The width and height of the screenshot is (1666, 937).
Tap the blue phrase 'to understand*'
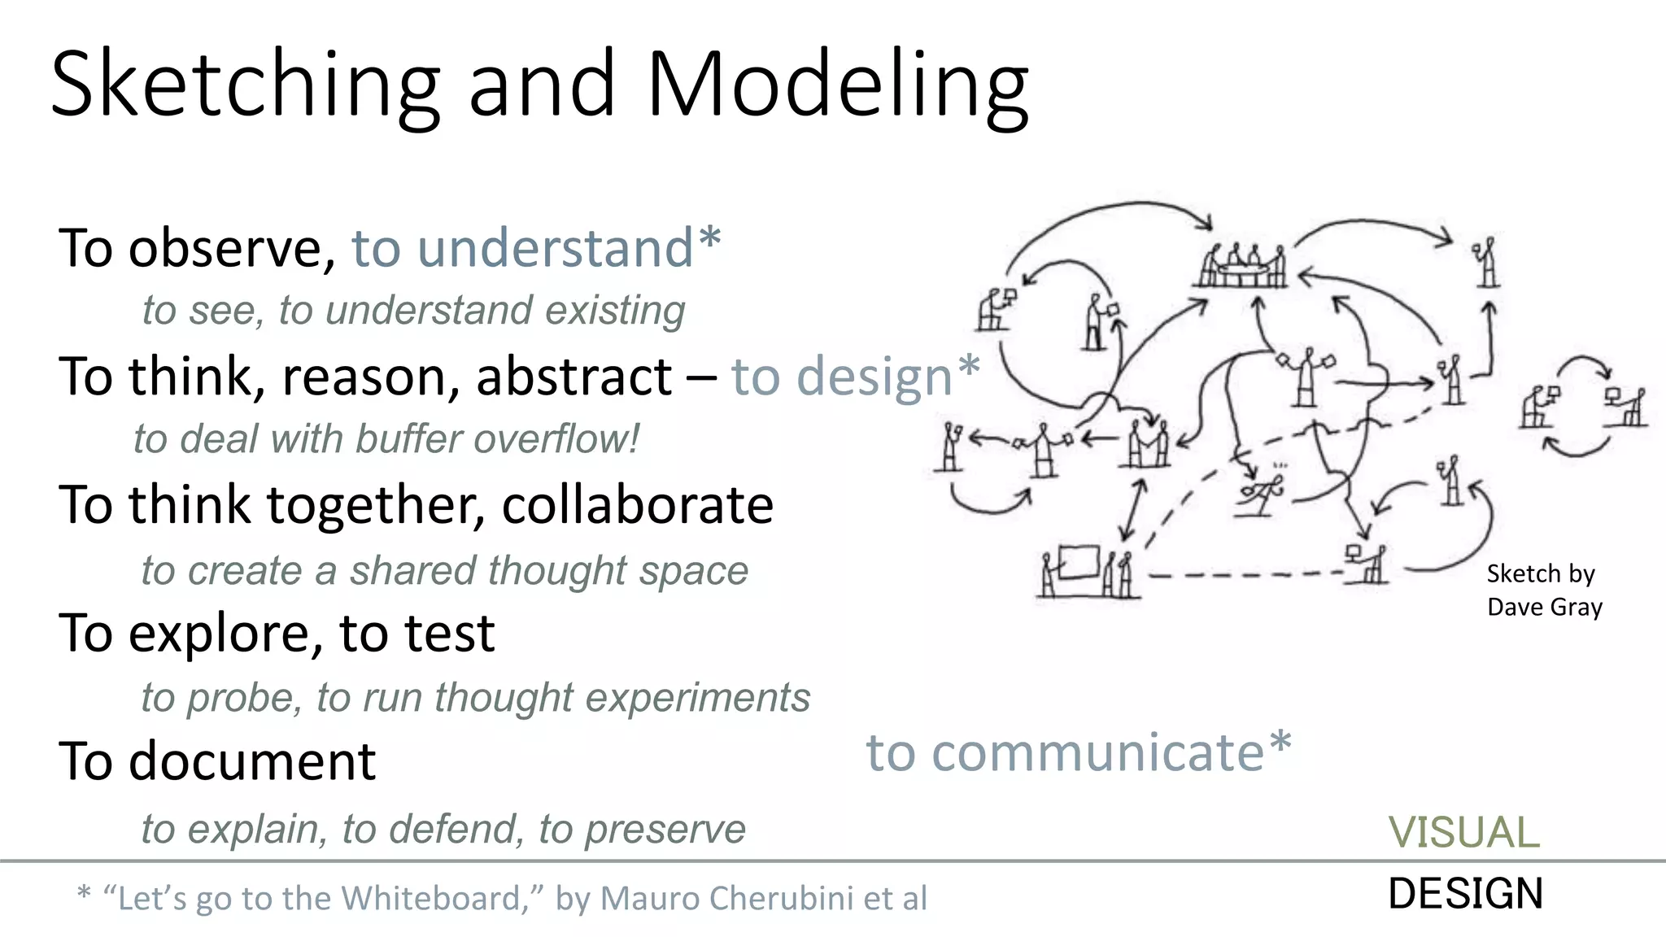click(x=535, y=247)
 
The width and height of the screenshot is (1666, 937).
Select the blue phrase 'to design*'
click(x=854, y=376)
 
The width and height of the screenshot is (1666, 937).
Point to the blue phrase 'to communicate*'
click(x=1078, y=752)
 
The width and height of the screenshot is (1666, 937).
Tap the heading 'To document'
click(x=217, y=761)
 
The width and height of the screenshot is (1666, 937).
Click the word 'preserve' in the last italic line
click(x=665, y=830)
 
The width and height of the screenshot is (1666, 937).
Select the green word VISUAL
click(x=1463, y=832)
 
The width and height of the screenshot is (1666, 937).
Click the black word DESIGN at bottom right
click(x=1465, y=893)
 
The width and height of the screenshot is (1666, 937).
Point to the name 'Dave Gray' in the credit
click(x=1544, y=607)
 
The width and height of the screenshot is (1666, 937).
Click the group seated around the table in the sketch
click(x=1241, y=265)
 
